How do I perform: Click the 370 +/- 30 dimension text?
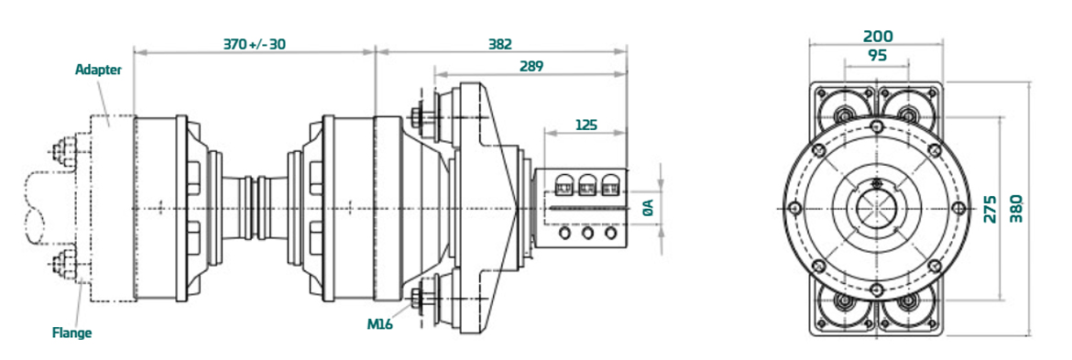tap(255, 44)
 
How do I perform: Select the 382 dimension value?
tap(500, 44)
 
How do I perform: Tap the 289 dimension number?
tap(531, 66)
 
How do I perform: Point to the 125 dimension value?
tap(585, 125)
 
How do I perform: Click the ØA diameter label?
tap(649, 208)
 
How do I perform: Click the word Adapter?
tap(98, 71)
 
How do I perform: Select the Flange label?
tap(71, 333)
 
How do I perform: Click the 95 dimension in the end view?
tap(877, 55)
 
